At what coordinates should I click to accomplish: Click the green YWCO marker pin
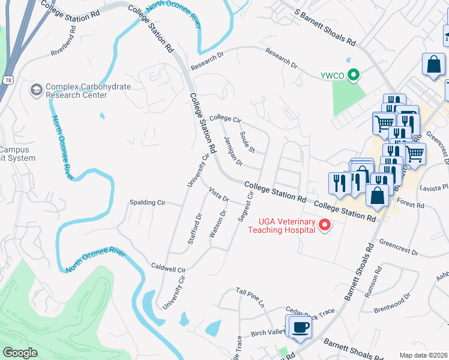click(x=354, y=76)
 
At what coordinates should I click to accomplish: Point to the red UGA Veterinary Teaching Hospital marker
click(x=325, y=226)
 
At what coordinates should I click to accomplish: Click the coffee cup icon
click(x=300, y=328)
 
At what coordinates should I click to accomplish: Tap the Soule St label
click(x=247, y=142)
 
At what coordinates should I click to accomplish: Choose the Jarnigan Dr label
click(x=232, y=151)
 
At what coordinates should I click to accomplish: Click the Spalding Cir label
click(x=147, y=203)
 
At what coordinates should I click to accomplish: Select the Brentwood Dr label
click(x=391, y=304)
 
